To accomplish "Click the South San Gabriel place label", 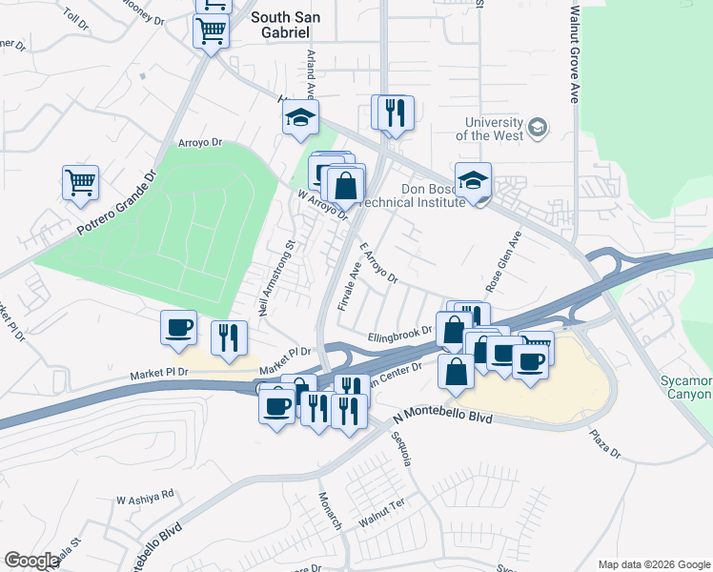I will [x=286, y=26].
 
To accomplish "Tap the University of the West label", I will [x=493, y=129].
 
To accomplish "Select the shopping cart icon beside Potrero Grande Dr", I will [x=81, y=182].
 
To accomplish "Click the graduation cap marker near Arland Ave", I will [x=300, y=119].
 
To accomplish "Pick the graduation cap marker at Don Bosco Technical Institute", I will [x=473, y=180].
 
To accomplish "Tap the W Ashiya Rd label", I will [x=146, y=496].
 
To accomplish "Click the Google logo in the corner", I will [x=31, y=561].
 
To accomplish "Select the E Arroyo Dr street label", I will [x=377, y=263].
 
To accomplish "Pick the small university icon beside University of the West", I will [x=537, y=128].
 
